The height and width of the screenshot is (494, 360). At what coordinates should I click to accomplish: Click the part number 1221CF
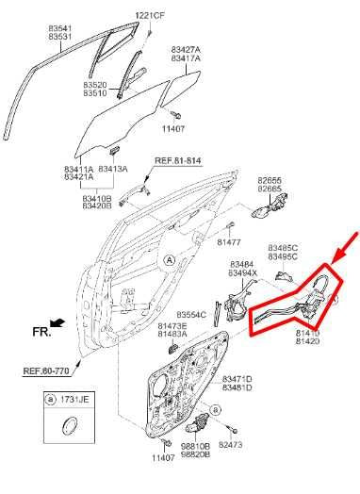pyautogui.click(x=149, y=15)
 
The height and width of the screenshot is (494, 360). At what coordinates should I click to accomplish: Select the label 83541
pyautogui.click(x=61, y=29)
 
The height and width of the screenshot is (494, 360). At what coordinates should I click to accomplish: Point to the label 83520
pyautogui.click(x=95, y=85)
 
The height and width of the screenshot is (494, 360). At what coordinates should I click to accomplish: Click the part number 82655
pyautogui.click(x=270, y=179)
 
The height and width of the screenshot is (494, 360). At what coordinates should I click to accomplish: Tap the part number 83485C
pyautogui.click(x=283, y=246)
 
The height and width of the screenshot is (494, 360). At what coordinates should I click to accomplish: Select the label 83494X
pyautogui.click(x=242, y=273)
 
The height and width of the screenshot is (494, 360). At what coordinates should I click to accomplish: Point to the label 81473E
pyautogui.click(x=172, y=325)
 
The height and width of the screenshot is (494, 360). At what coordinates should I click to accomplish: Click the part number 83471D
pyautogui.click(x=237, y=378)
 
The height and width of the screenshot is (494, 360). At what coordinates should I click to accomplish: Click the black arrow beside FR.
pyautogui.click(x=58, y=322)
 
